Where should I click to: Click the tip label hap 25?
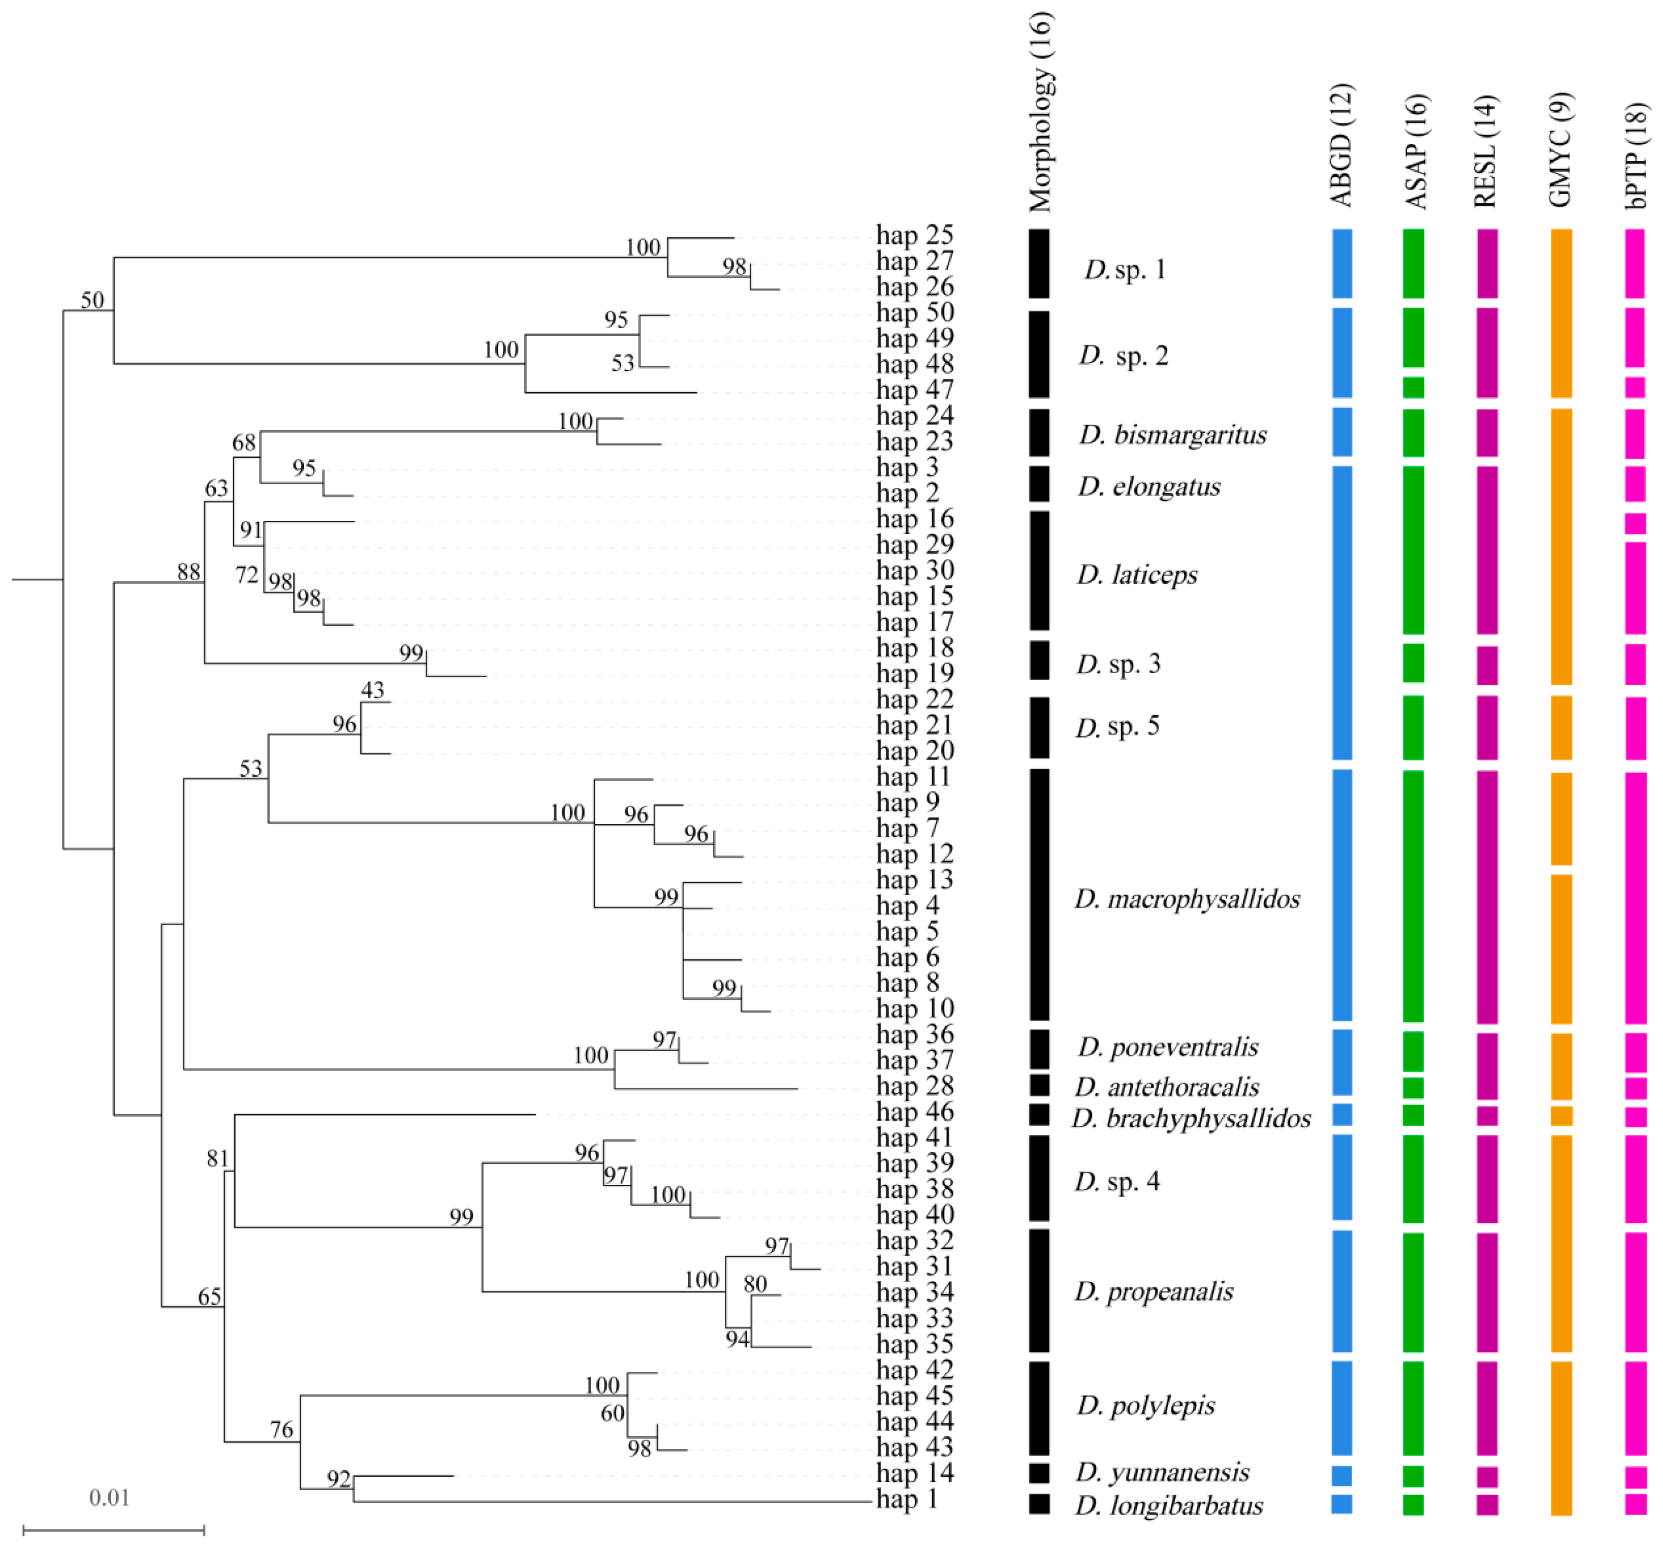pyautogui.click(x=914, y=236)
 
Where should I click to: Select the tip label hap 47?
pyautogui.click(x=914, y=391)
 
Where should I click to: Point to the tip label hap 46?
pyautogui.click(x=914, y=1112)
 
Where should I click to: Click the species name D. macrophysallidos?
pyautogui.click(x=1187, y=900)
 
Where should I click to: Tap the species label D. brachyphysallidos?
pyautogui.click(x=1191, y=1119)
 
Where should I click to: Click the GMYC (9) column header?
pyautogui.click(x=1561, y=149)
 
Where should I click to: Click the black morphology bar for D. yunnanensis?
pyautogui.click(x=1039, y=1473)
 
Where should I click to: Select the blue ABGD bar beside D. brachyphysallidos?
pyautogui.click(x=1342, y=1115)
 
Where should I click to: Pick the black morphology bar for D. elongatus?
pyautogui.click(x=1039, y=484)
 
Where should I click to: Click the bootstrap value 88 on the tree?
pyautogui.click(x=188, y=572)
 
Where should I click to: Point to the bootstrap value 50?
pyautogui.click(x=92, y=300)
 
